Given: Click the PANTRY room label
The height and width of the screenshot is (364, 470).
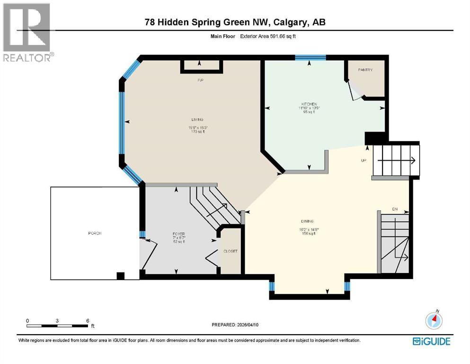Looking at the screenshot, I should coord(365,70).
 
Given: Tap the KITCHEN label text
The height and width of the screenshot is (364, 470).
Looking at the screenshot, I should coord(309,104).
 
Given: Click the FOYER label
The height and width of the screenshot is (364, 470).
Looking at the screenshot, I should coord(178,234).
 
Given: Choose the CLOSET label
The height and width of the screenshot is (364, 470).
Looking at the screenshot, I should coord(231,251).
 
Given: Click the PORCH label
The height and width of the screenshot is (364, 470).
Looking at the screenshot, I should coord(95,233).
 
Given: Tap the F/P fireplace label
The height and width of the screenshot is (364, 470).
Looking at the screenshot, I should coord(201,81).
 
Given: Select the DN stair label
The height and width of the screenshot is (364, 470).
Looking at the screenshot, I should coord(395,209).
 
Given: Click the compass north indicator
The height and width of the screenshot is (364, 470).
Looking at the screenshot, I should coord(434,320).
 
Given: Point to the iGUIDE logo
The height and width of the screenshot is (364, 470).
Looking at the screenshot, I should coord(431,341).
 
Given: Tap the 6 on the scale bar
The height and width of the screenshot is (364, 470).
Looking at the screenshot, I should coord(88,320).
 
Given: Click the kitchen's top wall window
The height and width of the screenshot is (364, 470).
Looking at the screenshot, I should coord(310,58).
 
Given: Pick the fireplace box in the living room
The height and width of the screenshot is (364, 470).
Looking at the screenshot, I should coord(201,66).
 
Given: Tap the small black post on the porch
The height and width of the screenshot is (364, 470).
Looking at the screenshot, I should coord(120,275).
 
